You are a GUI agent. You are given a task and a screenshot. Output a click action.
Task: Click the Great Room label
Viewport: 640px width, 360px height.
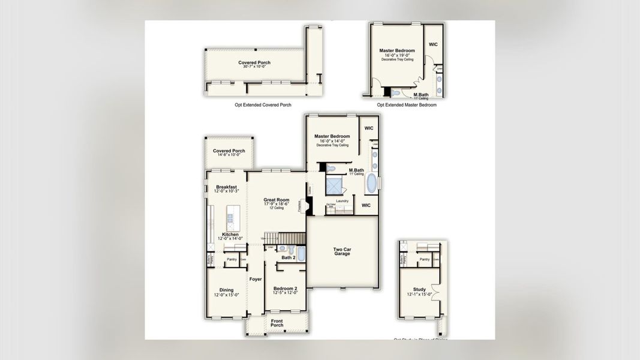click(x=277, y=200)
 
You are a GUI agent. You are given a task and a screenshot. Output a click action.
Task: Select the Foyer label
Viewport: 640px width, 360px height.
click(x=256, y=279)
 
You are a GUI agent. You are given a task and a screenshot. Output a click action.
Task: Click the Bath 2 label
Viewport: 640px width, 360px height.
click(x=289, y=258)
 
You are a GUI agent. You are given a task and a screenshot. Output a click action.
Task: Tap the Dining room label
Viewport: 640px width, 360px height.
click(x=226, y=290)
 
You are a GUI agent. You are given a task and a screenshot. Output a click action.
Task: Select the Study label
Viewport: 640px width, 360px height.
click(x=419, y=290)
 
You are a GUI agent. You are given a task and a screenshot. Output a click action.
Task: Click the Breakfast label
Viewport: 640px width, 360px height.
click(x=226, y=187)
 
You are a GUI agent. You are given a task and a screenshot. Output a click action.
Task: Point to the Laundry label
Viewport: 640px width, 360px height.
click(x=342, y=201)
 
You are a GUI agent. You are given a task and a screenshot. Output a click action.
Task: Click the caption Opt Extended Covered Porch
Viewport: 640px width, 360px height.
click(x=263, y=105)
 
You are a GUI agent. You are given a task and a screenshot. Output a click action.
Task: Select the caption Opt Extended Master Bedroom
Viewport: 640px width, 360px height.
click(x=407, y=105)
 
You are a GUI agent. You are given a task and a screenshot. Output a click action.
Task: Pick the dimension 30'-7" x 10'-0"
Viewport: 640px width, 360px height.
click(x=254, y=67)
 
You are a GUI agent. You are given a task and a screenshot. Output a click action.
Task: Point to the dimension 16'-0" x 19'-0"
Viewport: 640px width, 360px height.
click(x=397, y=55)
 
